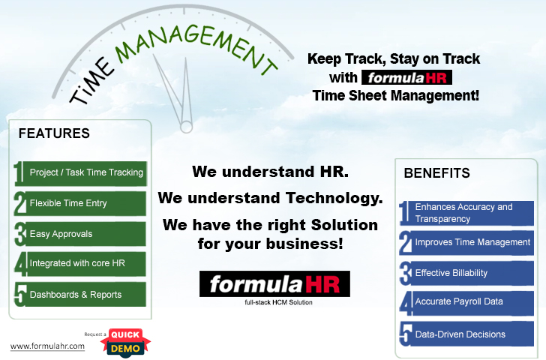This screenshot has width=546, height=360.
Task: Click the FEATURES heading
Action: point(54,133)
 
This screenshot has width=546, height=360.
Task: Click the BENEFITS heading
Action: point(436,173)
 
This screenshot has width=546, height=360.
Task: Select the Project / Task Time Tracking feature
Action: point(80,173)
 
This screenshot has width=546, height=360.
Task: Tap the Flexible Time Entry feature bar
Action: point(80,203)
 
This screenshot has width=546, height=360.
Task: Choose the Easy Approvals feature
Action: point(80,234)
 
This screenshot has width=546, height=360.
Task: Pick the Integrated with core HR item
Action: point(80,264)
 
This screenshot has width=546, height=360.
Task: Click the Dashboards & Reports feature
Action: point(80,295)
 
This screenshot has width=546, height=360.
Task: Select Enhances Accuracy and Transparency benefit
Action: point(466,213)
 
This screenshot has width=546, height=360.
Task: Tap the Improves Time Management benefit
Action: point(466,243)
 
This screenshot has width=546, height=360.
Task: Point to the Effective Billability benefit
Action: point(466,273)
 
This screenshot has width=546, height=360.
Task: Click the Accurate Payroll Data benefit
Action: point(466,303)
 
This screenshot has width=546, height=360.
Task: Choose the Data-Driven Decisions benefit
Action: point(466,334)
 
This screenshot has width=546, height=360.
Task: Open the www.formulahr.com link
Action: point(47,346)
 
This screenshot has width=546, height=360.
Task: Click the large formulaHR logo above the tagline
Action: point(274,283)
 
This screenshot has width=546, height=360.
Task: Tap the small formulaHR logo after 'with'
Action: point(406,77)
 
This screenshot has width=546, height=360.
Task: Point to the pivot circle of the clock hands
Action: point(186,127)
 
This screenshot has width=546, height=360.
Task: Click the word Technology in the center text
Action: point(334,198)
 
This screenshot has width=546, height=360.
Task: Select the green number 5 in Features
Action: point(20,295)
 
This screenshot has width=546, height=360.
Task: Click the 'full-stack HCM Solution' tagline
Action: point(278,302)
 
